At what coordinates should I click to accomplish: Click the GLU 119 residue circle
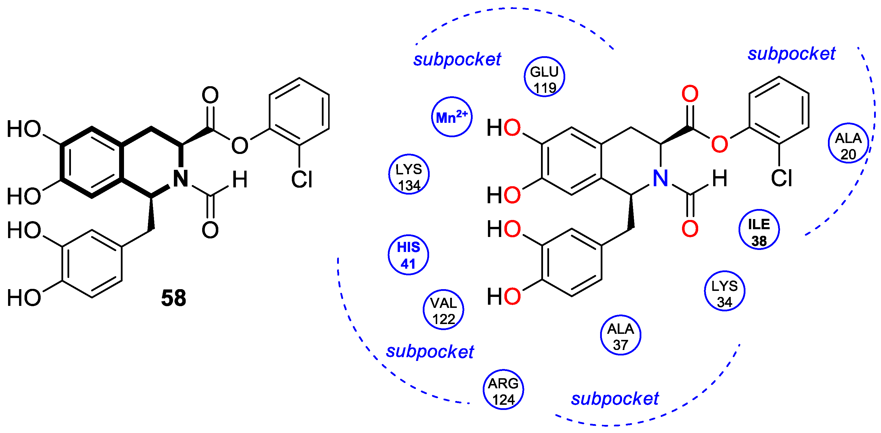click(544, 77)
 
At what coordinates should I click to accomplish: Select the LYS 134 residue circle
click(409, 174)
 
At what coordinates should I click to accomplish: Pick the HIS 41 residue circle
click(408, 255)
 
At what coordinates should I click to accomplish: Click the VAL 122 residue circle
click(443, 310)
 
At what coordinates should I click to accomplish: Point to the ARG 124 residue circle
click(503, 390)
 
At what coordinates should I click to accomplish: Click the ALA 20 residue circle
click(848, 143)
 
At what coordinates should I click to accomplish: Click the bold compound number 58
click(173, 298)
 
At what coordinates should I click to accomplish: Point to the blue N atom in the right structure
click(660, 178)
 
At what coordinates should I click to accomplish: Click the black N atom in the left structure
click(181, 178)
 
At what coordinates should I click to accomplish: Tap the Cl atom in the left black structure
click(302, 179)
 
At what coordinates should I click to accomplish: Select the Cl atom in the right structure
click(782, 178)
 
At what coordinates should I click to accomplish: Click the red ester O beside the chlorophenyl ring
click(720, 144)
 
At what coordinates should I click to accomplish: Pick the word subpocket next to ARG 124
click(615, 399)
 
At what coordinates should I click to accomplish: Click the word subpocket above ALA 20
click(791, 54)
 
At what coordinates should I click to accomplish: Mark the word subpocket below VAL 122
click(430, 352)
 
